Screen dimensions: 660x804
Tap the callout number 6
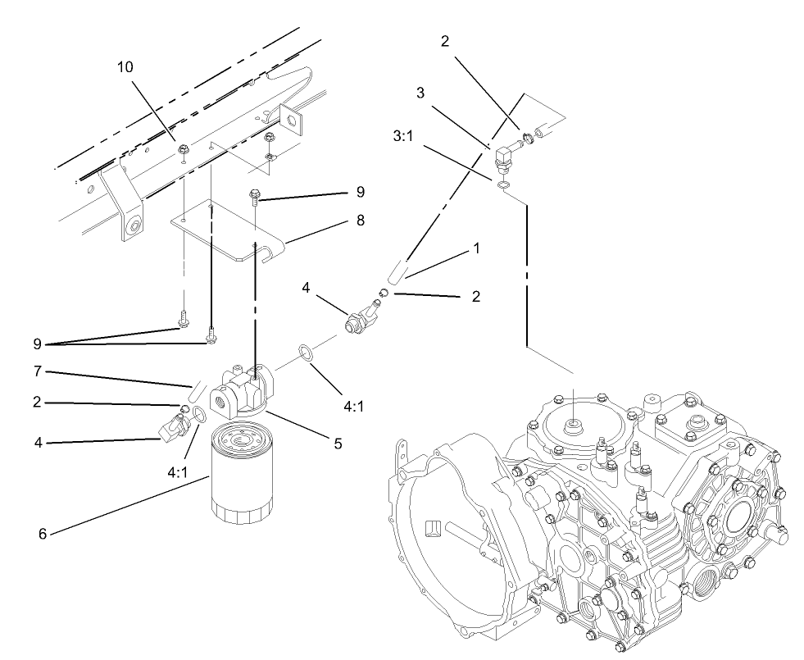pyautogui.click(x=43, y=534)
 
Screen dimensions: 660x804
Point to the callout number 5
pyautogui.click(x=337, y=444)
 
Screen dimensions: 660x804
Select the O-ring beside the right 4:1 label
pyautogui.click(x=304, y=353)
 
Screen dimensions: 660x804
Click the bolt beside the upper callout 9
pyautogui.click(x=256, y=197)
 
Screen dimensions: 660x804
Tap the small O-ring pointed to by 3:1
pyautogui.click(x=502, y=186)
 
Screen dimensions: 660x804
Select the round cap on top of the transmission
pyautogui.click(x=572, y=429)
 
